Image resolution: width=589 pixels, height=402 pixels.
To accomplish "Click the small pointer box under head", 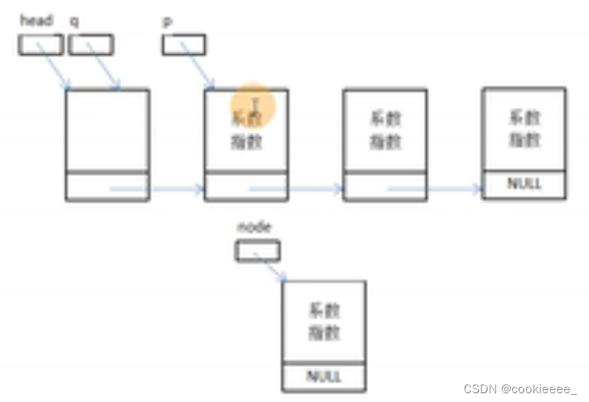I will click(40, 45).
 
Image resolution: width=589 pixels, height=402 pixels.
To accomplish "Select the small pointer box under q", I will click(90, 45).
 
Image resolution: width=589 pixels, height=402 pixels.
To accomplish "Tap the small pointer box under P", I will click(184, 45).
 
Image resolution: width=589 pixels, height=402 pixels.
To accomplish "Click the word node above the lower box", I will click(254, 227).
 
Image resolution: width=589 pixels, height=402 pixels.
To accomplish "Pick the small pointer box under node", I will click(257, 251).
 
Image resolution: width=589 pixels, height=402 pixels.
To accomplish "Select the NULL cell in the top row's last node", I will click(524, 184).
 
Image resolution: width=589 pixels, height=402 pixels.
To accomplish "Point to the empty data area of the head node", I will click(107, 130).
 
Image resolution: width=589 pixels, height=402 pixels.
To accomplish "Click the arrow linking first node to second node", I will click(157, 189).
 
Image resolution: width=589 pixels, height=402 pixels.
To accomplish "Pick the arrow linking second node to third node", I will click(296, 189).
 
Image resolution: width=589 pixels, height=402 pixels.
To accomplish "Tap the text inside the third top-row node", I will click(385, 130).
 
